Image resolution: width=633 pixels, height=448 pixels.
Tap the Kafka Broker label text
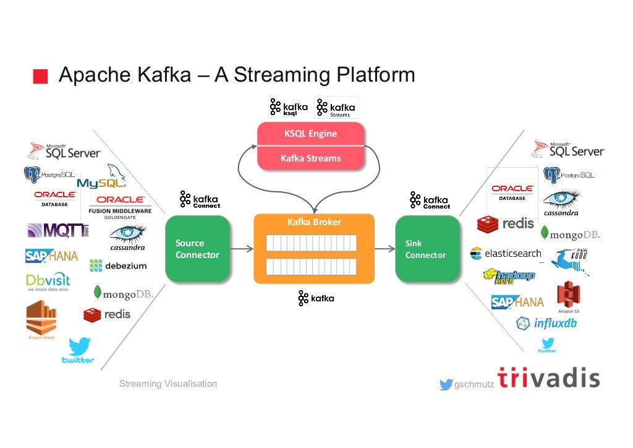point(314,222)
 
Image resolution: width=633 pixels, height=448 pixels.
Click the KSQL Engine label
point(310,134)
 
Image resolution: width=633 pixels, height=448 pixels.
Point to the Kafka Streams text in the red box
point(310,158)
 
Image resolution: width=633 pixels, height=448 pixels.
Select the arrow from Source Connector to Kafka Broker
point(242,249)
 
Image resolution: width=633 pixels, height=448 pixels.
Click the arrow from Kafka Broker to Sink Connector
point(384,249)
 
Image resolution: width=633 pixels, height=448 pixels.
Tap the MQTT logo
point(57,231)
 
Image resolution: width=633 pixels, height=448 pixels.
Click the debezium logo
point(118,266)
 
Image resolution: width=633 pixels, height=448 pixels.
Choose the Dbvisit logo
point(48,283)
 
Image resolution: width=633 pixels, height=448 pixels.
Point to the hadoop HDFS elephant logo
point(509,276)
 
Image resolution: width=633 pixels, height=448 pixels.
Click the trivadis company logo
point(548,378)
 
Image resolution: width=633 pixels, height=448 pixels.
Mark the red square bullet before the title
point(40,76)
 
